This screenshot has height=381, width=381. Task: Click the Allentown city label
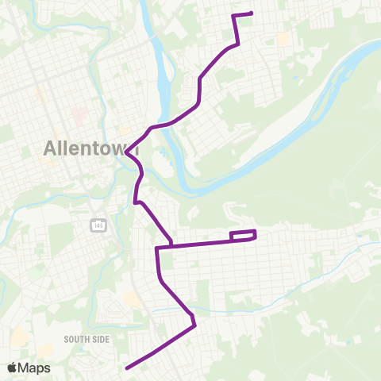92,148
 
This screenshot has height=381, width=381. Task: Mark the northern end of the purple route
251,13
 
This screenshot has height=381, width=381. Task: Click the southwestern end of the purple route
127,368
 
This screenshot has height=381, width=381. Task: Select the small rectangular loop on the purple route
243,235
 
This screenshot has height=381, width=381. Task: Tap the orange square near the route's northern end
283,37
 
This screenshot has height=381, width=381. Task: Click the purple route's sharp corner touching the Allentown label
125,151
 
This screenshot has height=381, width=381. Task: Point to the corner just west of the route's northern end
233,16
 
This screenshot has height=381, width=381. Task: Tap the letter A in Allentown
51,148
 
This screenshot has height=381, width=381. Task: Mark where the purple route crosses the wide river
159,125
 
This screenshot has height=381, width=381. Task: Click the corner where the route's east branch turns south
158,248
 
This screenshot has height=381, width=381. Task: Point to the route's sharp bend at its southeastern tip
194,324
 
